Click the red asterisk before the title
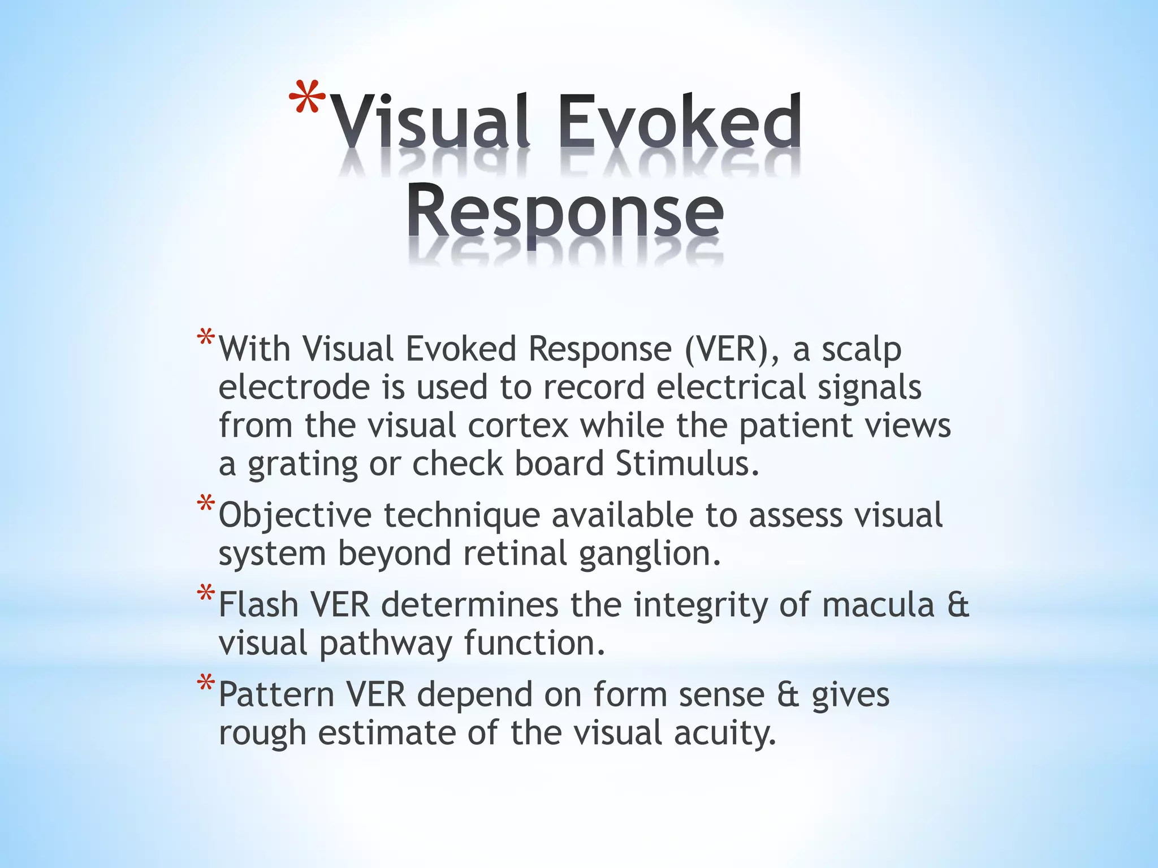point(307,97)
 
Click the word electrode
point(293,388)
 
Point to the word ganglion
point(650,554)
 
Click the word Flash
point(258,605)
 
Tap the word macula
point(878,605)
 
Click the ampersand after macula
point(958,605)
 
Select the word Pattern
point(276,695)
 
